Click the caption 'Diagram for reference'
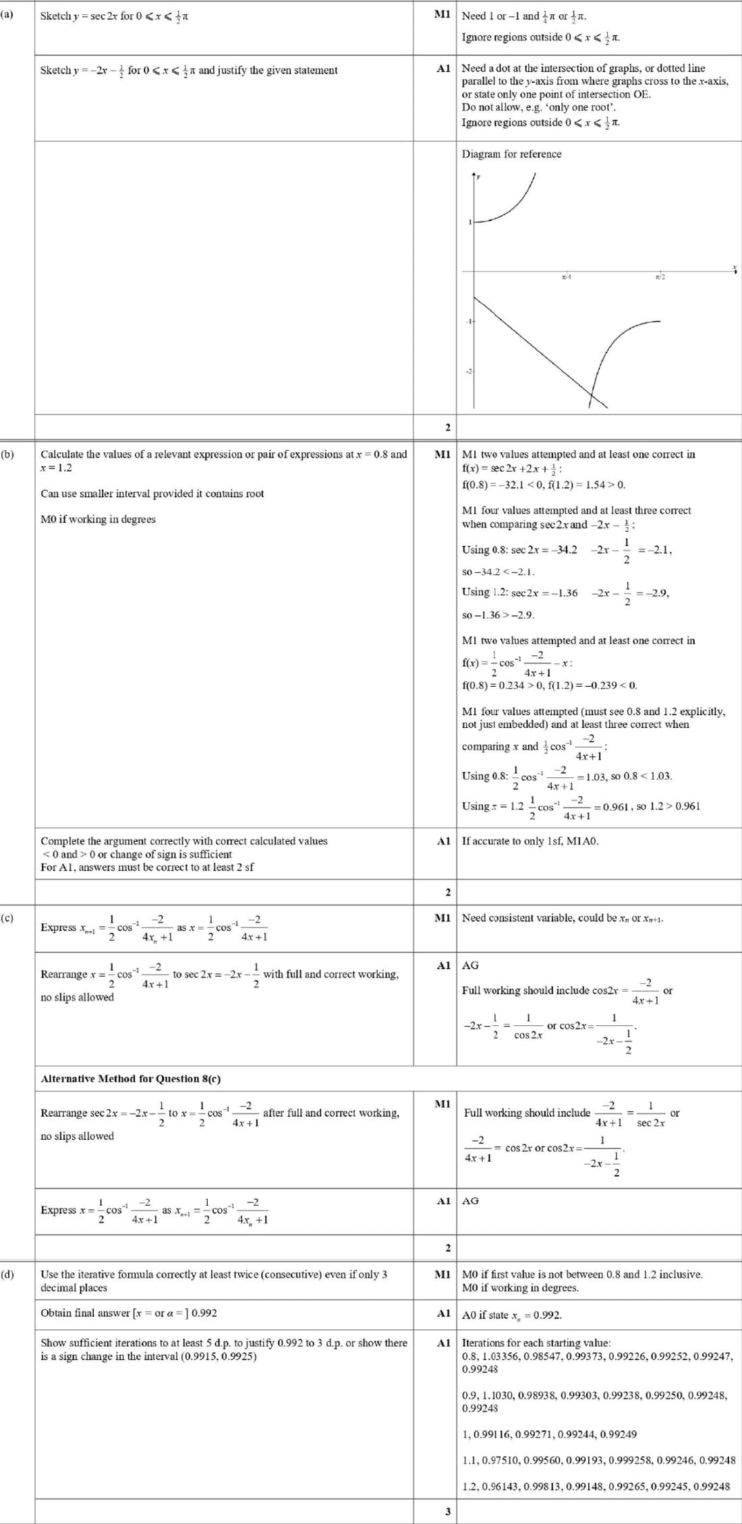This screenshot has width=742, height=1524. click(511, 154)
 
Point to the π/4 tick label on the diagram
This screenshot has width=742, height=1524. click(566, 277)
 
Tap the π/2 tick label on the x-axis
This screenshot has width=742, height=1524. click(660, 277)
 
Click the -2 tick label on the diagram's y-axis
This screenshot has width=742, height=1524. click(469, 372)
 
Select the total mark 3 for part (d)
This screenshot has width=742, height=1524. click(447, 1511)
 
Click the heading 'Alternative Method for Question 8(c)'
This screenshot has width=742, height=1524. click(130, 1078)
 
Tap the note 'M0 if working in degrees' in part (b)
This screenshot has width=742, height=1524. click(98, 519)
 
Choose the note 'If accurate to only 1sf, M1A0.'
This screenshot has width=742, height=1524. click(530, 841)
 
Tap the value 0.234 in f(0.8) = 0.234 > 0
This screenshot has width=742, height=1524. click(508, 685)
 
